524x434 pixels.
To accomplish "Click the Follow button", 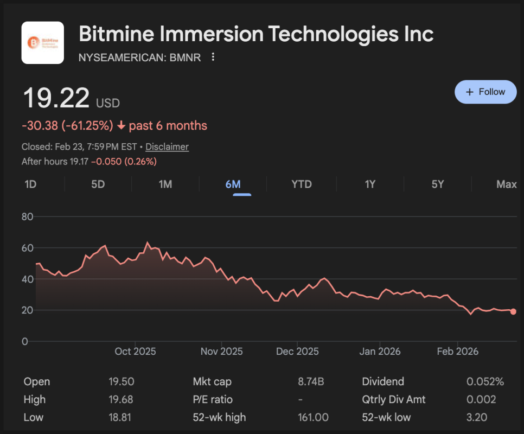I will click(485, 92).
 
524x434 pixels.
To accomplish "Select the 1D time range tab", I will click(30, 184).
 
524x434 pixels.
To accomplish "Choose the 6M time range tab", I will click(233, 184).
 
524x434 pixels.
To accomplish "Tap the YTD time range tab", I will click(302, 184).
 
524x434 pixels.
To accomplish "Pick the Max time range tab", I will click(506, 184).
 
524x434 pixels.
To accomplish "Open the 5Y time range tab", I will click(438, 184).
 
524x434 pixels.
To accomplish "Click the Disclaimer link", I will click(167, 146).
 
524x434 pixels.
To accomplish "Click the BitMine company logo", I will click(43, 43).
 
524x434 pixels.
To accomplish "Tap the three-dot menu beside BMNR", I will click(213, 57).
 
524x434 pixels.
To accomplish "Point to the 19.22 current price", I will click(56, 98).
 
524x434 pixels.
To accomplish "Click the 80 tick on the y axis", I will click(27, 217).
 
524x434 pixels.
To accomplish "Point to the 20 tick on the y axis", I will click(27, 310).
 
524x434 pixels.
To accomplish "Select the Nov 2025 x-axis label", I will click(221, 352).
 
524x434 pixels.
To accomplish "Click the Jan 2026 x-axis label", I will click(380, 352).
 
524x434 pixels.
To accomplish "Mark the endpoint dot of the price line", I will click(513, 311).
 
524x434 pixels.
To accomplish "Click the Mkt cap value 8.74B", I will click(311, 381).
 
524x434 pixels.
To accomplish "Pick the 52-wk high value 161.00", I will click(314, 417).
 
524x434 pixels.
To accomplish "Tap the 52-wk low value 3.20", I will click(477, 417).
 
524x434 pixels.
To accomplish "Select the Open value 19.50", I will click(122, 381).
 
